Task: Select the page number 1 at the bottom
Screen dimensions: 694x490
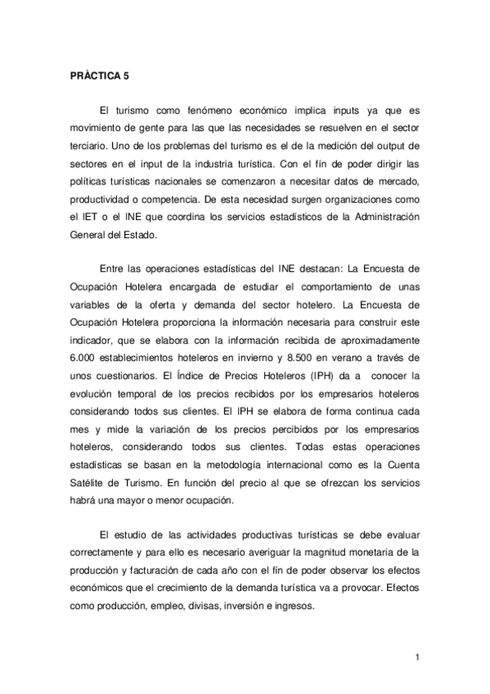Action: click(x=416, y=656)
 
